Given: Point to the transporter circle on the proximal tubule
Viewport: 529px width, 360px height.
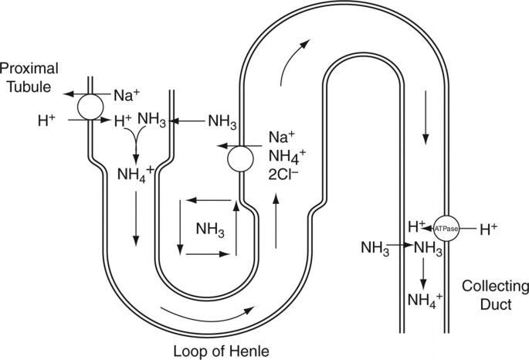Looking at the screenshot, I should [x=93, y=107].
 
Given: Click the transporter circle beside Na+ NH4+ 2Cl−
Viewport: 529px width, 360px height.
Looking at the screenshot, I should [x=241, y=160].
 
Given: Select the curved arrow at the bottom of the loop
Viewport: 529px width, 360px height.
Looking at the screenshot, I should [x=205, y=313].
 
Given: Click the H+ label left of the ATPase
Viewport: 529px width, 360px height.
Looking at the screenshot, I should [x=418, y=227].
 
